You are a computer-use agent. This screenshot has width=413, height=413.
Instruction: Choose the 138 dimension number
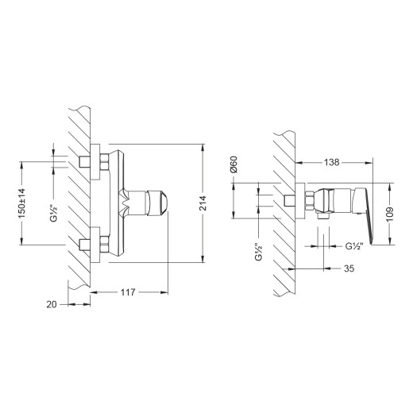point(335,162)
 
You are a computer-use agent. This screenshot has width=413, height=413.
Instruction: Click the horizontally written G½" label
point(354,245)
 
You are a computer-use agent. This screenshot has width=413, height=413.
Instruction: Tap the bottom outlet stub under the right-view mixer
point(326,214)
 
